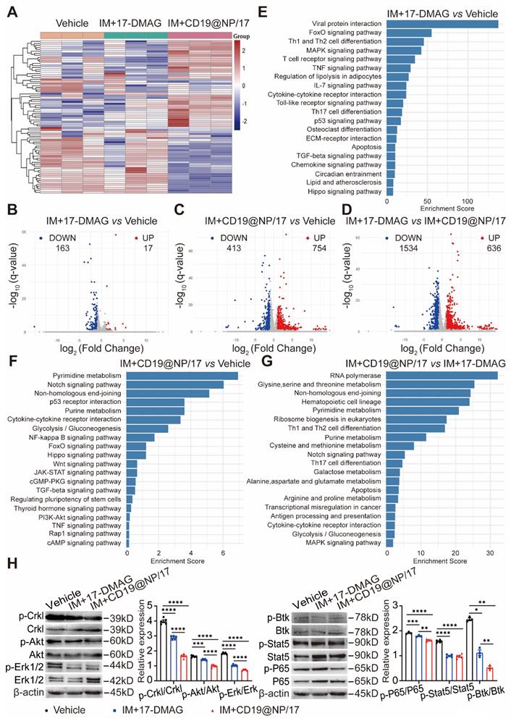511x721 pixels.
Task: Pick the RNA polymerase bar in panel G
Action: click(x=442, y=375)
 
